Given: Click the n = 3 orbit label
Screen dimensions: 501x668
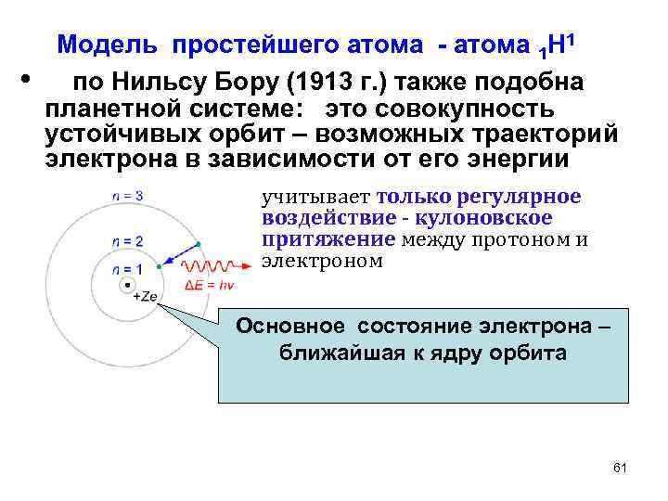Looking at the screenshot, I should click(126, 197).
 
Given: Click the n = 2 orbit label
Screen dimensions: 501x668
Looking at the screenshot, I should click(126, 241).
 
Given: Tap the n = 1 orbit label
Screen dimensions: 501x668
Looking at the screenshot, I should click(126, 269).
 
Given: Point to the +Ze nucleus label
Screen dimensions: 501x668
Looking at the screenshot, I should click(144, 297).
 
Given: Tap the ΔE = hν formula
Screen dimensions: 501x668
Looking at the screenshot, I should click(210, 285).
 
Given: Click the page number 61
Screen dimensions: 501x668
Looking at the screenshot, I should click(621, 467).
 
